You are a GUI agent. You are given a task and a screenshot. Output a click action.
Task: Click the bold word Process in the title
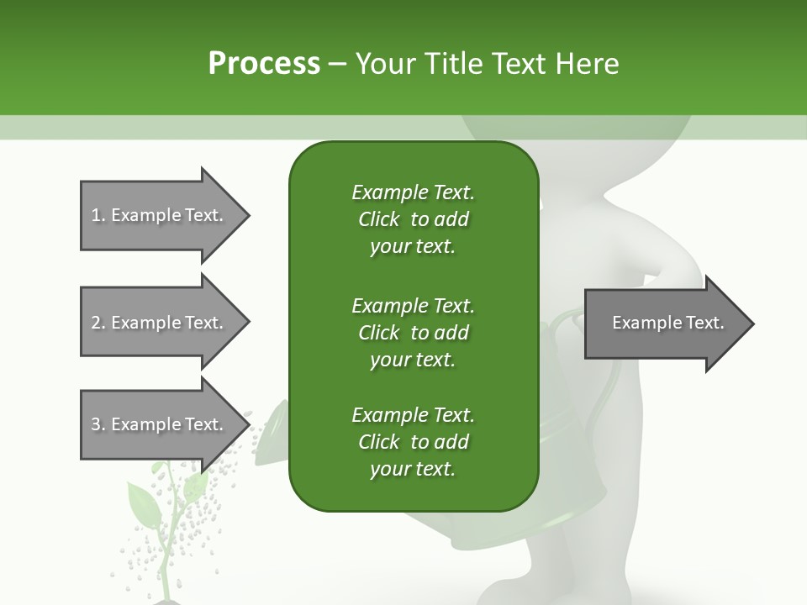tap(264, 64)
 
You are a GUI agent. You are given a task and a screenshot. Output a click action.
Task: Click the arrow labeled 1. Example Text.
tap(160, 215)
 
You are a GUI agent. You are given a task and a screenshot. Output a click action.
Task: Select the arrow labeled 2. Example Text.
tap(160, 323)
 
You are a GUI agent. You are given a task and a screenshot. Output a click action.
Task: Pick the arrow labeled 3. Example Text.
tap(160, 424)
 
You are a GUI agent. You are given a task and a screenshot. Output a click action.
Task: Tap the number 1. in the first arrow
tap(98, 215)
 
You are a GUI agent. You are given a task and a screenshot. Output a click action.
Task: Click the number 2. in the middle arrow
tap(98, 323)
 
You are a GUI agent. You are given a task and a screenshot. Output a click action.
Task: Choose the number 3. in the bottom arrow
tap(98, 424)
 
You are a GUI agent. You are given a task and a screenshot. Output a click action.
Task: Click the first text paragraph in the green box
tap(413, 219)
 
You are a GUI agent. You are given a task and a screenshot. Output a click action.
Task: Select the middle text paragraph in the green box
tap(413, 332)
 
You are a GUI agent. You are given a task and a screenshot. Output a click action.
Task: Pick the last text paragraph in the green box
tap(413, 442)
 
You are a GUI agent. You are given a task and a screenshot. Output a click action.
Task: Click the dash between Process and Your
tap(338, 65)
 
